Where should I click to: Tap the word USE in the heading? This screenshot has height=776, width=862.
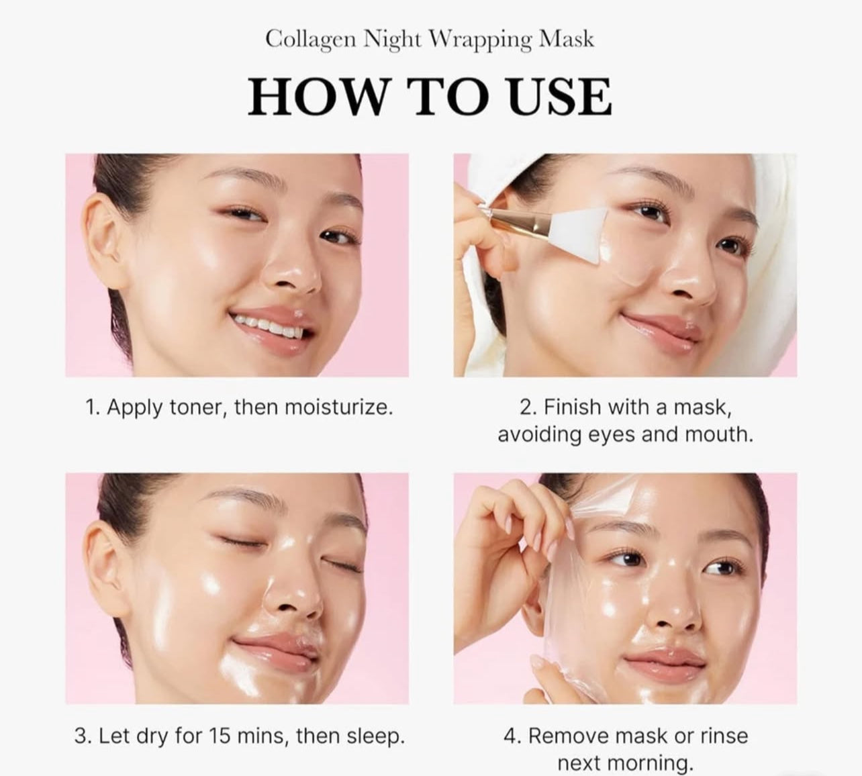tap(559, 97)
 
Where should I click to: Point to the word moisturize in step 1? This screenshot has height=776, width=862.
tap(338, 407)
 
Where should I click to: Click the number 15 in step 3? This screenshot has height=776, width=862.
tap(221, 736)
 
